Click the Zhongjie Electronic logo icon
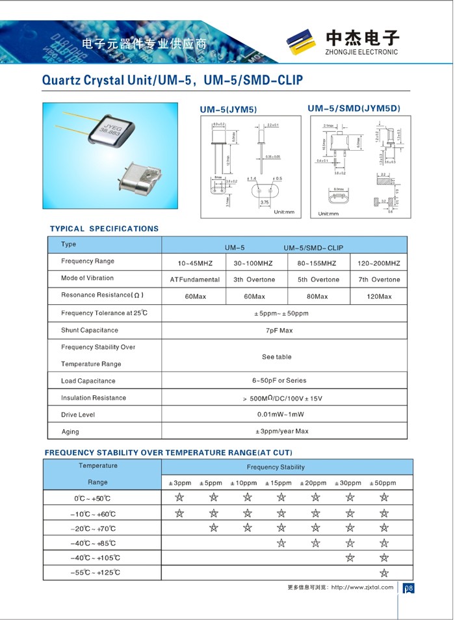click(x=302, y=42)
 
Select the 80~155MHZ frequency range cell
click(x=317, y=263)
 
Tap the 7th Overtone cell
click(x=378, y=279)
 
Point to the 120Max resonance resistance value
click(x=378, y=296)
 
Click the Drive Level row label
click(x=78, y=415)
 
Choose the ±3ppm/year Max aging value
click(x=281, y=431)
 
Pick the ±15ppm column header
click(x=278, y=484)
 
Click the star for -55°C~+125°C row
click(x=383, y=573)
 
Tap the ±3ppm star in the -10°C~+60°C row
click(x=179, y=513)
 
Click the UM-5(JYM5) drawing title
click(x=228, y=110)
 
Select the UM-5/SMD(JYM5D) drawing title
click(x=354, y=109)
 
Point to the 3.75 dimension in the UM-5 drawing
click(x=265, y=203)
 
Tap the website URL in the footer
click(x=362, y=588)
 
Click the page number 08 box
click(x=408, y=588)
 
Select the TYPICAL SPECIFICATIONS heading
click(x=104, y=229)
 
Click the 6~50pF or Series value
click(x=279, y=380)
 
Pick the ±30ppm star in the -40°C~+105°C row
click(x=350, y=558)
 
